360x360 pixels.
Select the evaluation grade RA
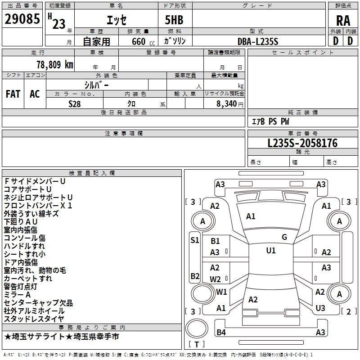(x=343, y=20)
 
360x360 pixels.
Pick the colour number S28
(x=74, y=103)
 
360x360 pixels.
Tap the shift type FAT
(x=13, y=94)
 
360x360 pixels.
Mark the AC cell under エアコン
(x=35, y=94)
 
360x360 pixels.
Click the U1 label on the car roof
(x=270, y=251)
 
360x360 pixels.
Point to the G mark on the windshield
(x=284, y=237)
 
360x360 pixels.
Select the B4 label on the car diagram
(x=221, y=333)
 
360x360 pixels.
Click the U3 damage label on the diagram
(x=320, y=308)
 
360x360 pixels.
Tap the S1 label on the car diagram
(x=195, y=240)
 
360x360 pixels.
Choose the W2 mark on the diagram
(x=215, y=279)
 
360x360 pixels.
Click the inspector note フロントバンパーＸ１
(x=38, y=205)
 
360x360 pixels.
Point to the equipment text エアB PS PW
(x=270, y=121)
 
